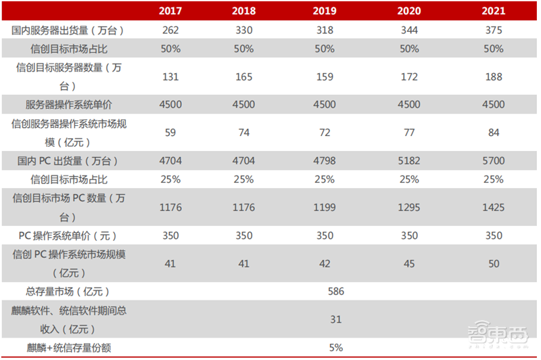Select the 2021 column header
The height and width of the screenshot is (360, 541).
(x=494, y=11)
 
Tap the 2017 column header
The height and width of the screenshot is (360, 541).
(x=170, y=11)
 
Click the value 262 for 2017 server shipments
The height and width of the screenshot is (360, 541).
(x=170, y=30)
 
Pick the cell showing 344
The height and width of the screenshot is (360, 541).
(x=409, y=30)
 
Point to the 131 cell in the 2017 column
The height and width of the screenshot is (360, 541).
(x=170, y=76)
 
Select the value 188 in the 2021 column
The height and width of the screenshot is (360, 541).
(x=494, y=76)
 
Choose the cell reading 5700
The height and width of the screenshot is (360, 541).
(x=494, y=161)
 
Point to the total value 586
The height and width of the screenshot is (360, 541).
(x=335, y=292)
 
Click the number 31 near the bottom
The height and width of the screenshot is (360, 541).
(x=336, y=319)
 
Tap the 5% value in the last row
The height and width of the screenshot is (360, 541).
(x=335, y=348)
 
